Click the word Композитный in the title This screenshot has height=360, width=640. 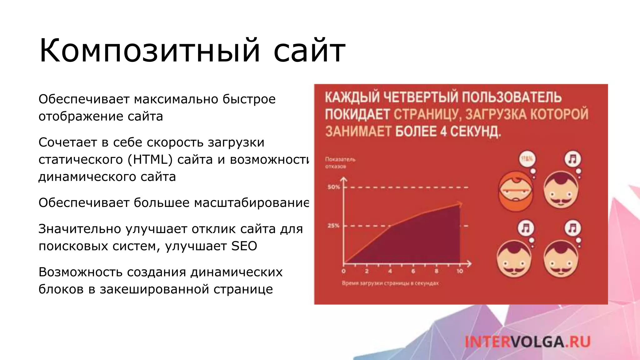pos(149,51)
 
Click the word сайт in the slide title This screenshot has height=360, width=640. pos(309,51)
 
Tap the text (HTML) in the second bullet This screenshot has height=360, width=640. pos(150,160)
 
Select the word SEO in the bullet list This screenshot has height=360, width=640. pos(244,246)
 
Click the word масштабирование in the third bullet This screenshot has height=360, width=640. pos(252,203)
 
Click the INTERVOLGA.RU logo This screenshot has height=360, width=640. pos(527,342)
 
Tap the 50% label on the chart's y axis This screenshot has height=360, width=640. pos(333,187)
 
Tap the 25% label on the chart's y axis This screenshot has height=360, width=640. pos(333,226)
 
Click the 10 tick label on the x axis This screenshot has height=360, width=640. pos(459,271)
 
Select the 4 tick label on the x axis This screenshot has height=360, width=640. pos(390,271)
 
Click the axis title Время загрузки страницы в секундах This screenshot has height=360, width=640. pos(390,283)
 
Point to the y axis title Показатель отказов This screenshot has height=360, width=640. pos(340,163)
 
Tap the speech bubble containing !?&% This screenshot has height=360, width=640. pos(527,159)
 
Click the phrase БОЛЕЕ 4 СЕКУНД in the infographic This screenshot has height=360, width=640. pos(448,131)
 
